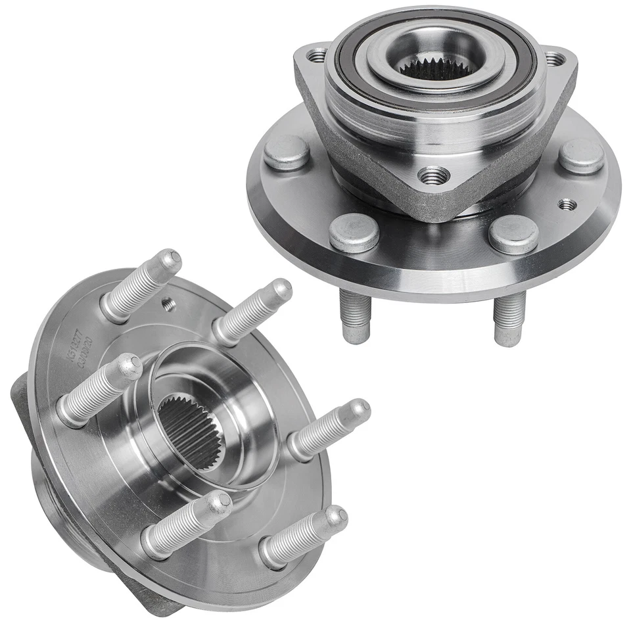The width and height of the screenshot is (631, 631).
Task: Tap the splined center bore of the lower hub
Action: [x=191, y=431]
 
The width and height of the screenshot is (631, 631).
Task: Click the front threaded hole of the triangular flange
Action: [x=434, y=175]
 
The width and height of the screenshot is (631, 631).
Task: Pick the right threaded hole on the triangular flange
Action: [x=555, y=58]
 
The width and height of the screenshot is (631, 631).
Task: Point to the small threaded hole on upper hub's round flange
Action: [x=567, y=204]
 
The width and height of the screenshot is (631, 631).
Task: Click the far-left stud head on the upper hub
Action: [x=287, y=152]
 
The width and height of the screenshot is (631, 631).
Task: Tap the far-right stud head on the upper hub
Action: [x=581, y=156]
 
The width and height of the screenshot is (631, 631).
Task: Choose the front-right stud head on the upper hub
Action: [x=513, y=234]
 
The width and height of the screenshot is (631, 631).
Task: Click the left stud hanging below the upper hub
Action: [x=355, y=315]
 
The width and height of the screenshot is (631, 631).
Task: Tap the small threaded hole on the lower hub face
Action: [x=168, y=303]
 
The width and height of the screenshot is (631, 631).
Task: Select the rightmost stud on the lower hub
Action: [x=329, y=430]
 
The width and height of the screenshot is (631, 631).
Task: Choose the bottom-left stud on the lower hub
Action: [x=187, y=523]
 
